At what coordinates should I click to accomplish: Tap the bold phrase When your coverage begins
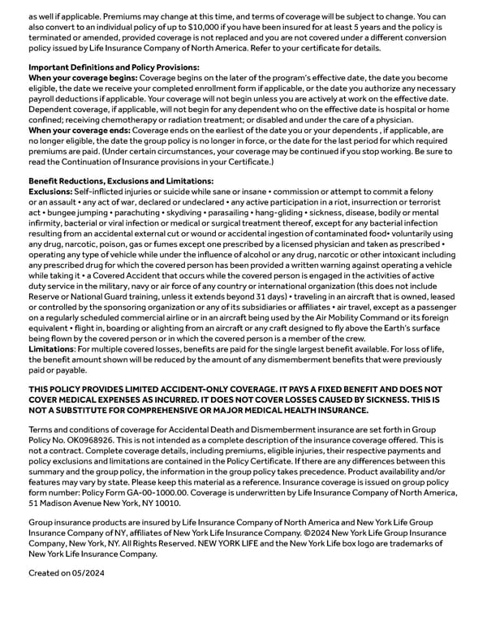(x=82, y=77)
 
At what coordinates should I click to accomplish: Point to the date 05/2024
(x=88, y=573)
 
